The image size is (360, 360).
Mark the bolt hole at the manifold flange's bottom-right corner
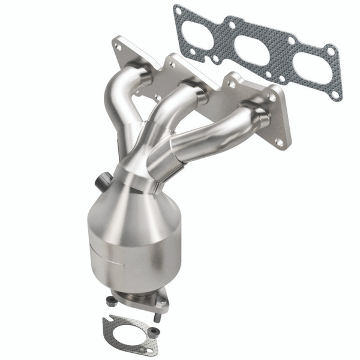(279, 142)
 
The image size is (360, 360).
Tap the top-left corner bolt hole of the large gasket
(178, 10)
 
